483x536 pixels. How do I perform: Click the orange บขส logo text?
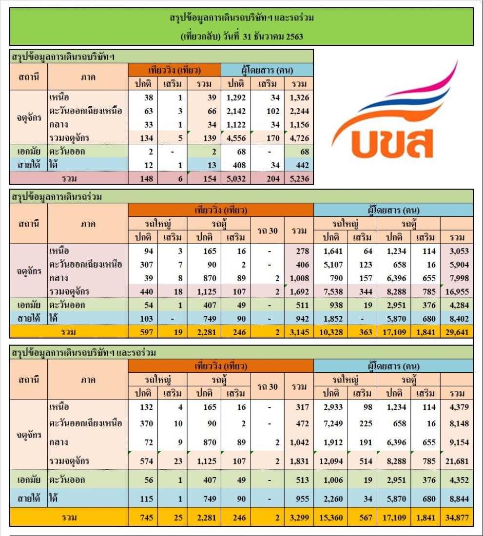392,144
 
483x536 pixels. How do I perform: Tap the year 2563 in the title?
294,37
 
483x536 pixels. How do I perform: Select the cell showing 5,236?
299,179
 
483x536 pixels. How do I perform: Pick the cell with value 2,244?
299,111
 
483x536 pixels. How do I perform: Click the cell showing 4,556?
236,138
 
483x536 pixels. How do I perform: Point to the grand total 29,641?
457,332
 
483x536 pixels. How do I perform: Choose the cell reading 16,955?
457,291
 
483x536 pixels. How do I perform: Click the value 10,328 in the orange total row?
331,332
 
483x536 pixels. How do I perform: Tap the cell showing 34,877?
457,518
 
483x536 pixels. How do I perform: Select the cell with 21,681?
457,461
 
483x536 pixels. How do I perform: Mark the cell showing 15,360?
331,518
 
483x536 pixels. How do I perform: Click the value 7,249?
333,423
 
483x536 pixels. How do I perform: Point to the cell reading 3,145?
299,332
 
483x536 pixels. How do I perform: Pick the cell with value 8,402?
459,319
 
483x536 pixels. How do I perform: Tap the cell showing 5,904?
459,265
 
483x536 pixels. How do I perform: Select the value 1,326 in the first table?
299,97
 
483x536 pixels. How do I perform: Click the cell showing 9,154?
459,442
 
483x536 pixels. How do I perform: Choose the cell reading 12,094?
331,461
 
